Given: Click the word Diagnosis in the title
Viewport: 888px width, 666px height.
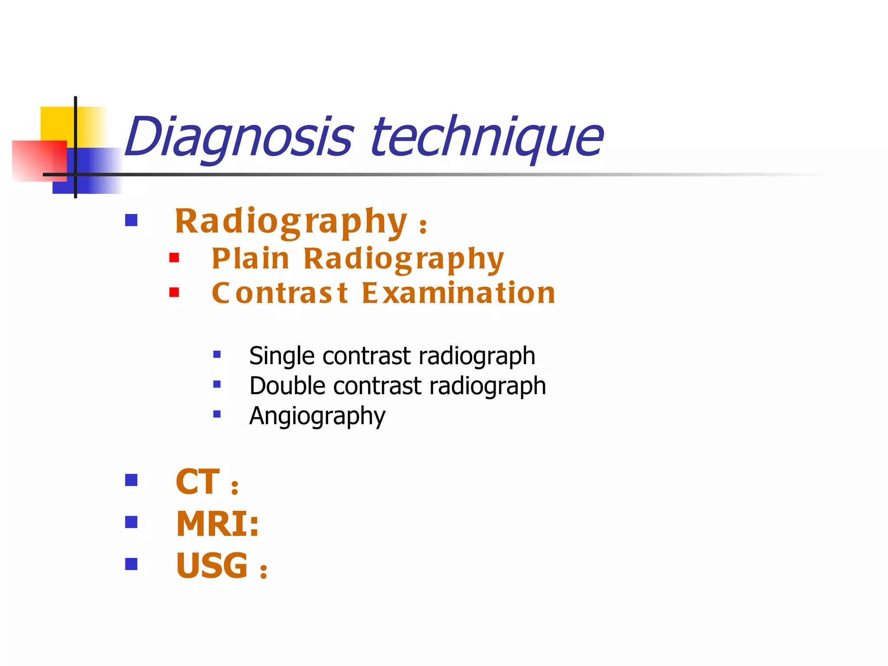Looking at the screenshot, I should click(x=239, y=138).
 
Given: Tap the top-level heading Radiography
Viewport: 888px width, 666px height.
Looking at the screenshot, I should click(x=291, y=222).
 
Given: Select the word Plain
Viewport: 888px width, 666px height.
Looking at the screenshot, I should click(x=250, y=259).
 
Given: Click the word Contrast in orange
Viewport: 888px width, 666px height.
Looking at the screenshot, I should click(x=280, y=293).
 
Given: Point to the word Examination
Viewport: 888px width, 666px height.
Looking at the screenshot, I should click(x=458, y=293).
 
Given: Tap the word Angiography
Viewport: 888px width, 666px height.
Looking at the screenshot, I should click(x=317, y=416).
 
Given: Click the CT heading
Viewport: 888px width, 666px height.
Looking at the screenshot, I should click(x=198, y=482).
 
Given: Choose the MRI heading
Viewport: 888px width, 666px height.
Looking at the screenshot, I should click(x=217, y=524).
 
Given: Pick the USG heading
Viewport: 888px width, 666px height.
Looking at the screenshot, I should click(x=212, y=566).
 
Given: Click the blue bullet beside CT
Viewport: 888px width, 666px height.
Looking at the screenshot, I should click(x=131, y=480).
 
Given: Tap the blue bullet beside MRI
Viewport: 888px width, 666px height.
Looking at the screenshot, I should click(x=131, y=522).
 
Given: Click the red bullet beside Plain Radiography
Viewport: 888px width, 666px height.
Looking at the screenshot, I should click(x=174, y=258).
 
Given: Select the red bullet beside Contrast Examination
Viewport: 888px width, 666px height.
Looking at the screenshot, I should click(x=174, y=292).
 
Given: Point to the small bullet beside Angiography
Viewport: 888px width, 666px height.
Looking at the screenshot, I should click(x=217, y=414).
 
